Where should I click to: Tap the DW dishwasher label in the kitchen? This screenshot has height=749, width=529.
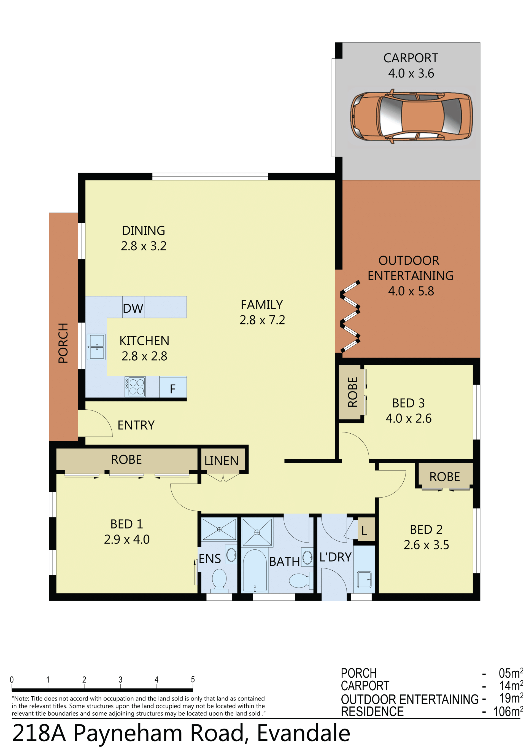pyautogui.click(x=133, y=308)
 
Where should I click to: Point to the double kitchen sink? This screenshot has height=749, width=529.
pyautogui.click(x=96, y=347)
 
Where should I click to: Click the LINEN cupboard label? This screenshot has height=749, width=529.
pyautogui.click(x=222, y=461)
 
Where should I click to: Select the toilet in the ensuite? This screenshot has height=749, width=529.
pyautogui.click(x=219, y=580)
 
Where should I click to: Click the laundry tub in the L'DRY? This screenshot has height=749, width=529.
pyautogui.click(x=364, y=579)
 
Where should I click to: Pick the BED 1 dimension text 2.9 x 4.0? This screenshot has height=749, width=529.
pyautogui.click(x=127, y=539)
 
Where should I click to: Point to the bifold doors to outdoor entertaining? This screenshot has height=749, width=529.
pyautogui.click(x=350, y=316)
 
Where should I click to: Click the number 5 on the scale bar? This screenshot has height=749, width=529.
pyautogui.click(x=193, y=680)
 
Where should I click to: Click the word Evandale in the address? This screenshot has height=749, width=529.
pyautogui.click(x=303, y=733)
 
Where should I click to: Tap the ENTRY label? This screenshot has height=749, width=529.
pyautogui.click(x=136, y=425)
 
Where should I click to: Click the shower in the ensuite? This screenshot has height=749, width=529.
pyautogui.click(x=219, y=529)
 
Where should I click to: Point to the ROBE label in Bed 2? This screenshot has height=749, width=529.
pyautogui.click(x=444, y=477)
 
